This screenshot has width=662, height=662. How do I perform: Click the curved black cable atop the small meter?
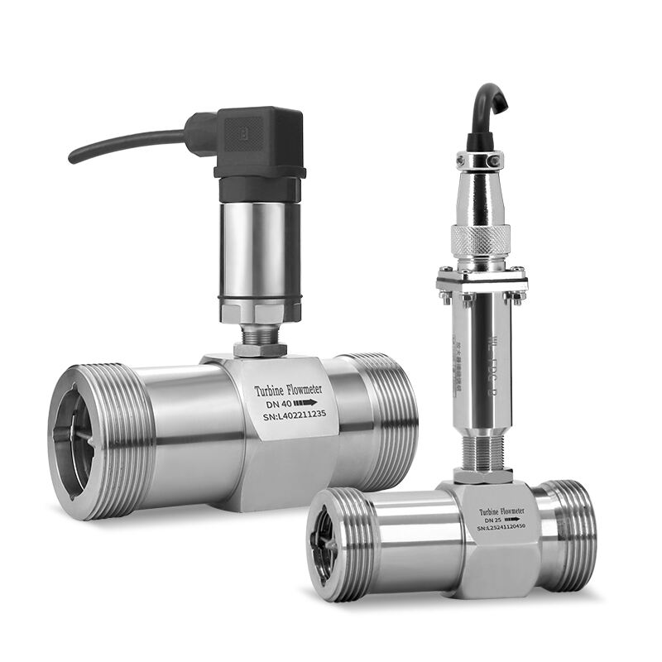[x=488, y=108]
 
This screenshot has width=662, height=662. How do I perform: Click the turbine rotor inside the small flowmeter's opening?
[x=328, y=546]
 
